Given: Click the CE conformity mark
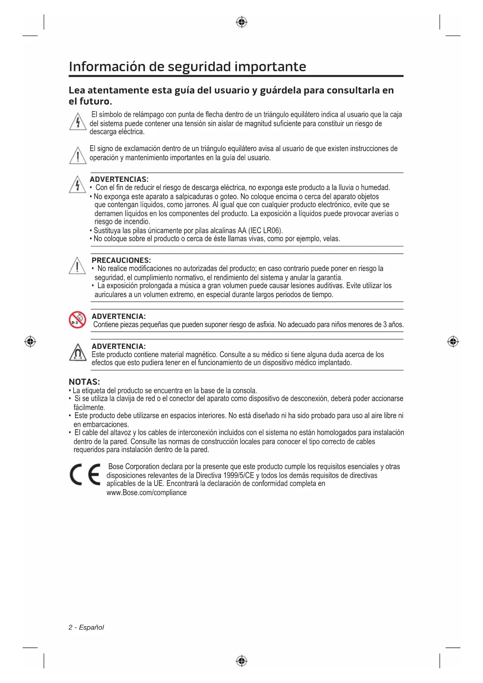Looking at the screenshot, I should click(85, 475).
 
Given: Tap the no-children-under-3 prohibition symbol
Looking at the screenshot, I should click(77, 320).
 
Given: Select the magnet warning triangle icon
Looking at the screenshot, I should click(78, 353).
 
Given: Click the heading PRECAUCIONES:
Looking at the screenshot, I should click(121, 260).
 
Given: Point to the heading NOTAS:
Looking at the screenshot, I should click(84, 382).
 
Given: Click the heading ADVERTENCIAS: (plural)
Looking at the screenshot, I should click(119, 179).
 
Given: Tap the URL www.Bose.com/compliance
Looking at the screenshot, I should click(146, 493).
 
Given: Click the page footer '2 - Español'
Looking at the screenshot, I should click(86, 627).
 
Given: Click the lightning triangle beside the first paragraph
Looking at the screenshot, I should click(78, 122).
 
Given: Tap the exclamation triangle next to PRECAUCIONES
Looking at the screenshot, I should click(77, 266).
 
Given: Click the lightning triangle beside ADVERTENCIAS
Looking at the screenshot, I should click(77, 185).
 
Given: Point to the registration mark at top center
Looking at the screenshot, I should click(242, 22).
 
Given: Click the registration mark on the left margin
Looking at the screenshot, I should click(30, 342).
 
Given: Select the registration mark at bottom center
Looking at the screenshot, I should click(242, 661).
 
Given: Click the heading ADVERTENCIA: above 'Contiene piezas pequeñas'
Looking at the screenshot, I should click(119, 316).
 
